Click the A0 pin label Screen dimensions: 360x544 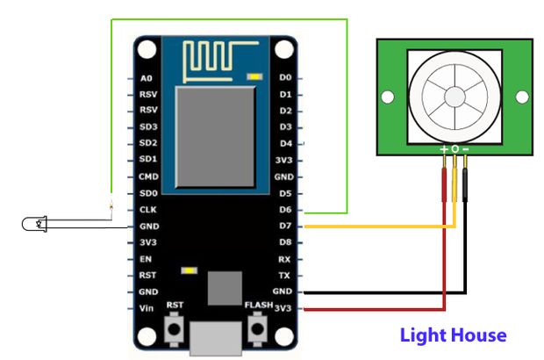coord(147,77)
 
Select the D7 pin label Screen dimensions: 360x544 coord(284,226)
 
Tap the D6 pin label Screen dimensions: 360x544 coord(284,210)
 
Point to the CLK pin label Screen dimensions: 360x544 coord(148,210)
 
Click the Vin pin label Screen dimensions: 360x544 coord(147,308)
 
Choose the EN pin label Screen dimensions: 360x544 coord(147,259)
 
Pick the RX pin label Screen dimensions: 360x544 coord(284,259)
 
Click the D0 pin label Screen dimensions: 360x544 coord(284,78)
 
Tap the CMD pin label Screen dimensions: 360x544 coord(148,176)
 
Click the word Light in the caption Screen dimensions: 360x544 coord(423,335)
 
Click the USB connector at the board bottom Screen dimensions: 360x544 coord(217,339)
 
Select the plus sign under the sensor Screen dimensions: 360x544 coord(444,149)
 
